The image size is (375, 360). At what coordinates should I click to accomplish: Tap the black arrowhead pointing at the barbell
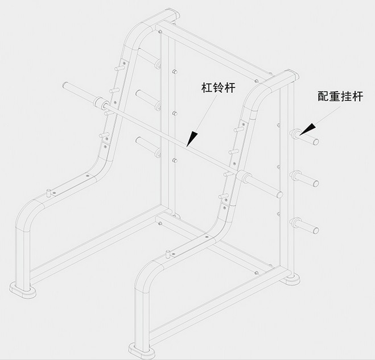pyautogui.click(x=193, y=136)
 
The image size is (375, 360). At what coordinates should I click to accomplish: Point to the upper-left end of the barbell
pyautogui.click(x=66, y=86)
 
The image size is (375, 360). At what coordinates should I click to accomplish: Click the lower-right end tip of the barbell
pyautogui.click(x=279, y=195)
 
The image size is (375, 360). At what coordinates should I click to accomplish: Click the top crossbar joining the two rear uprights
pyautogui.click(x=222, y=49)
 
